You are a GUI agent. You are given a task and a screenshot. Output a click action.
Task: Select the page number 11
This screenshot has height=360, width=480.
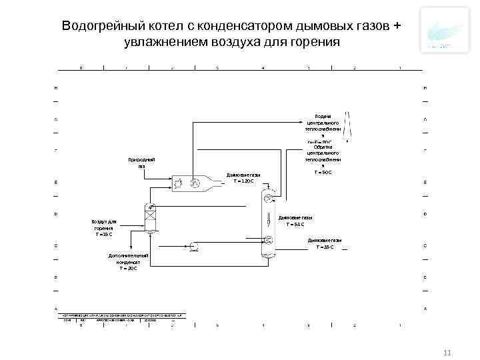[x=447, y=351]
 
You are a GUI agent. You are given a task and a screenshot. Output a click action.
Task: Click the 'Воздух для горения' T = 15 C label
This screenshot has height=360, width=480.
[x=103, y=227]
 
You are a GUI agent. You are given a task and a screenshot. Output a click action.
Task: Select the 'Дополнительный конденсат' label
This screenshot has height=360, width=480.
[x=128, y=261]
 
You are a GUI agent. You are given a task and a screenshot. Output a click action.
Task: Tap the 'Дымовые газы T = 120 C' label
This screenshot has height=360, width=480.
[x=243, y=178]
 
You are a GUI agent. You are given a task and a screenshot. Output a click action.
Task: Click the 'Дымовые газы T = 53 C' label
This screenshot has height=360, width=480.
[x=295, y=221]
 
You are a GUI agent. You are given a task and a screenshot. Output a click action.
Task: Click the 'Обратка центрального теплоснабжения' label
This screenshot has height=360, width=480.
[x=323, y=160]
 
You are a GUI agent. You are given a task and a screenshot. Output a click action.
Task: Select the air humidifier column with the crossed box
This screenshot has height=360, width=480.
[x=150, y=217]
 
